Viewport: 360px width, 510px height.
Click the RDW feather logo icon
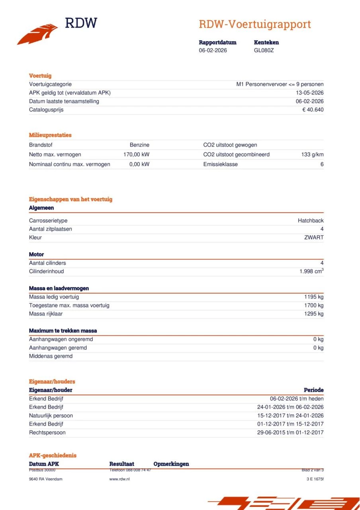point(37,34)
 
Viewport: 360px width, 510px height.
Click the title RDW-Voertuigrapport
point(254,24)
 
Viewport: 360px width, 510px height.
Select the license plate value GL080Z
point(264,50)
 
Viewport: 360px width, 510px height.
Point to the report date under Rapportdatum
point(213,50)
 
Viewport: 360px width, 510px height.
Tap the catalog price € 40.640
point(313,110)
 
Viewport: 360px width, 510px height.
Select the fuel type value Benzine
point(139,145)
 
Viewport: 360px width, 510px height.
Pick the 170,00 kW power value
point(136,155)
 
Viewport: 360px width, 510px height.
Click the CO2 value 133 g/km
point(312,155)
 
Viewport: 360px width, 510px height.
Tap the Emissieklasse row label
point(220,164)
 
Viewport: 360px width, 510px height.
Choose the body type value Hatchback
point(311,221)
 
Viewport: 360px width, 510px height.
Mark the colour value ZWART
point(314,237)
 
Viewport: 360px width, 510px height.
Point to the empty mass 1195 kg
point(314,297)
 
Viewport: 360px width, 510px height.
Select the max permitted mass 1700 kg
point(314,305)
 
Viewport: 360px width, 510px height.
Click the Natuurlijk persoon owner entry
point(51,416)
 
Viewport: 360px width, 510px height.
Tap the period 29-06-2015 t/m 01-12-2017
point(290,432)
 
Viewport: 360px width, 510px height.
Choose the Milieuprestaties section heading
point(50,135)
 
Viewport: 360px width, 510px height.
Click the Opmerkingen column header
point(171,464)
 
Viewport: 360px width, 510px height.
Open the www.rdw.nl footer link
point(119,479)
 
